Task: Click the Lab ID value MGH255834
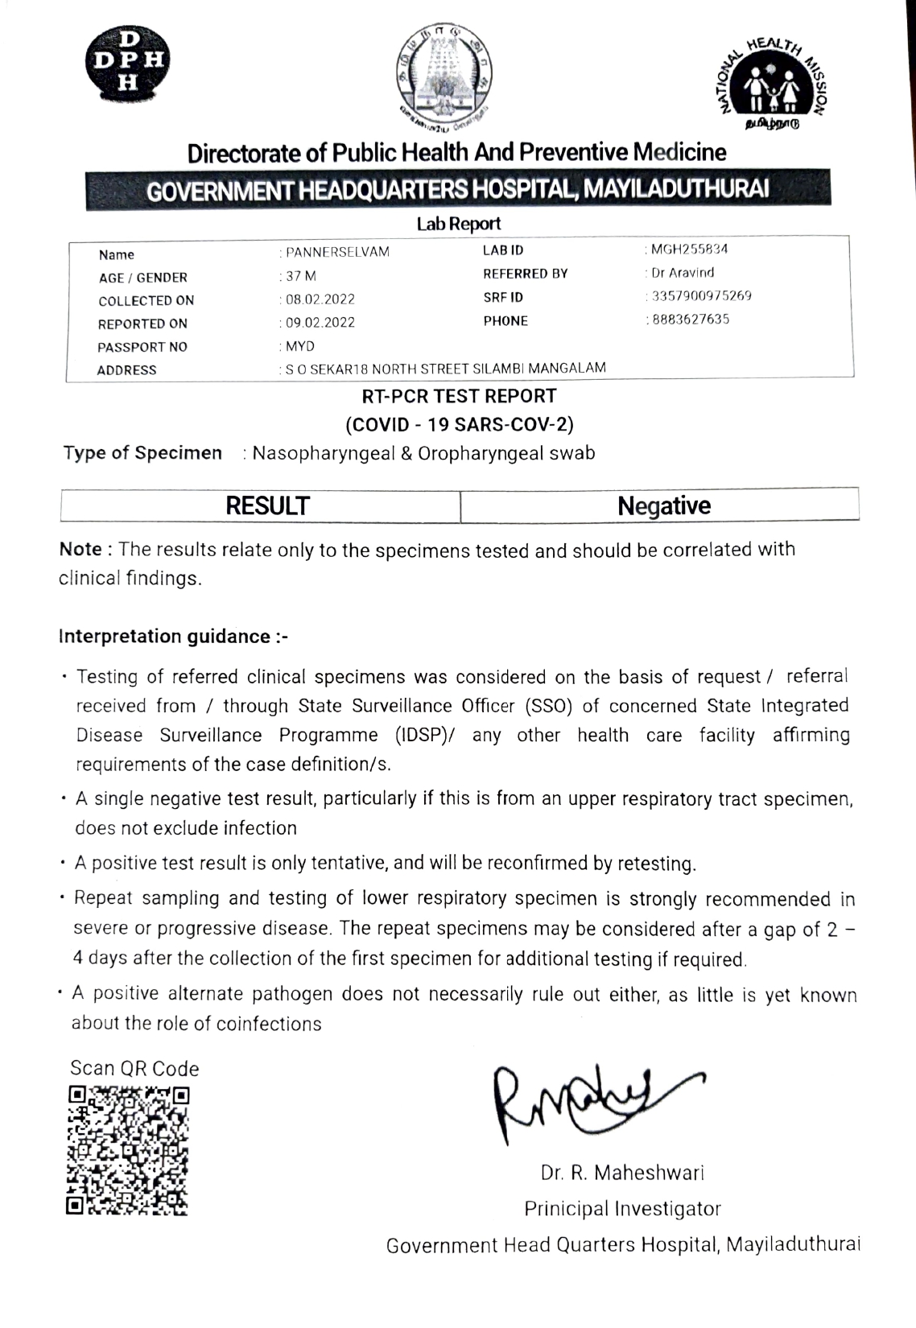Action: click(689, 250)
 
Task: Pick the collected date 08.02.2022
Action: click(320, 299)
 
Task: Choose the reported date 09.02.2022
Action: click(320, 323)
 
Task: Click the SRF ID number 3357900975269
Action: click(701, 296)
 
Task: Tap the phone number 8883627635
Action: click(690, 320)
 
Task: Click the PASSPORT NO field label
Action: click(142, 347)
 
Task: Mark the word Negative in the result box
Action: click(664, 506)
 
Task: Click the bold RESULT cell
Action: click(267, 506)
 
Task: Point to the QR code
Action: click(128, 1150)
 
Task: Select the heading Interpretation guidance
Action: click(173, 637)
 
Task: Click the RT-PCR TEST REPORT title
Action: click(459, 396)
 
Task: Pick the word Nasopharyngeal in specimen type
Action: click(321, 453)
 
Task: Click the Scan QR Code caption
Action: click(134, 1069)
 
